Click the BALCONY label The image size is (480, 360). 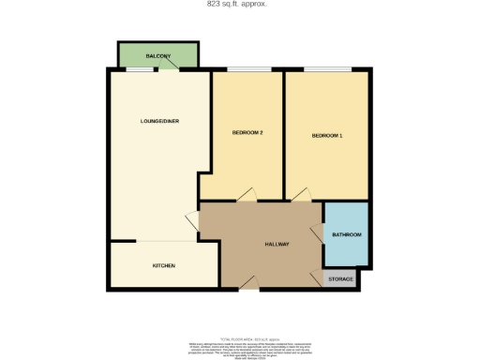pos(157,57)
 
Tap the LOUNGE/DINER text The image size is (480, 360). pos(158,121)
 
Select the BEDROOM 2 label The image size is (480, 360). pos(247,132)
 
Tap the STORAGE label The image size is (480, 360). pos(341,278)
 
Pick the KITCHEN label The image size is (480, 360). pos(164,265)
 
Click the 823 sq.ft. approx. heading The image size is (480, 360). pos(236,4)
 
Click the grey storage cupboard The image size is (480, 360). pos(341,278)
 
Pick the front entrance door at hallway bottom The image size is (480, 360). pos(247,287)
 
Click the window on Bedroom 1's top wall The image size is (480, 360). pos(327,70)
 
